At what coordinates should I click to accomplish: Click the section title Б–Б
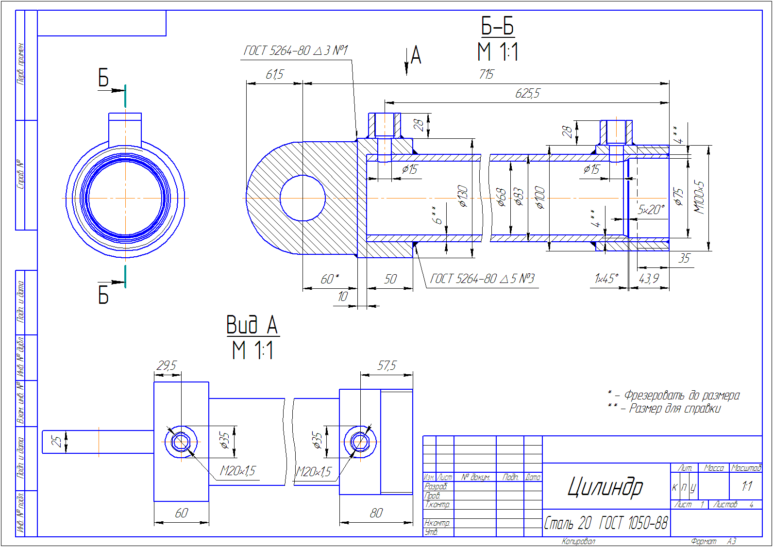coord(497,26)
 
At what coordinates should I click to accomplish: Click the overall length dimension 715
coord(486,74)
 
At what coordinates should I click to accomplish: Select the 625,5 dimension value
coord(527,93)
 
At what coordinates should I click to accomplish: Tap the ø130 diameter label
coord(463,196)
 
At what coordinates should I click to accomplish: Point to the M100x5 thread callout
coord(699,197)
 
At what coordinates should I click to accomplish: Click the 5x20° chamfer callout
coord(651,210)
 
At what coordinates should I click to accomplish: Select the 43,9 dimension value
coord(649,279)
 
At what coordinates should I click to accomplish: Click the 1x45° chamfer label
coord(606,279)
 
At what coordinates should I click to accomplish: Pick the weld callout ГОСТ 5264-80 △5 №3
coord(482,279)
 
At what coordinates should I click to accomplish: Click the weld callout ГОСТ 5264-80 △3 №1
coord(295,50)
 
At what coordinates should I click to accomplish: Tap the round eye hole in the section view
coord(302,198)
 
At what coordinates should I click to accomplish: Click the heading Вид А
coord(252,325)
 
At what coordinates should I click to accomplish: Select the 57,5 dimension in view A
coord(386,365)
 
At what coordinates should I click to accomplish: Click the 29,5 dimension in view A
coord(167,365)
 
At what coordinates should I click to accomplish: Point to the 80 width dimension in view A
coord(376,513)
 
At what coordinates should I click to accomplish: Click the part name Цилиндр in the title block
coord(605,486)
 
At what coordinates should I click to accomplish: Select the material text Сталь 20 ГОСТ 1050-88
coord(605,523)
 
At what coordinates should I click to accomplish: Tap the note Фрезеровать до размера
coord(681,396)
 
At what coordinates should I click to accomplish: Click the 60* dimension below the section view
coord(330,279)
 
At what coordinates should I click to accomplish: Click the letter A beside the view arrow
coord(416,55)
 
